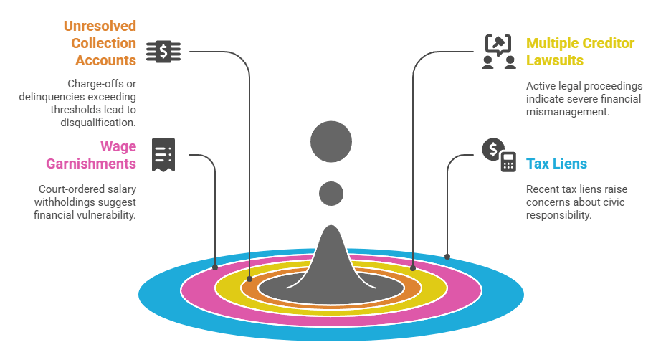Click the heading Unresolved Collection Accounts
[100, 43]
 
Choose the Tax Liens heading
[556, 164]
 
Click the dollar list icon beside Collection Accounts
[163, 52]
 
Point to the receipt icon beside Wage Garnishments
[163, 154]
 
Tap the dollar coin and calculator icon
[498, 154]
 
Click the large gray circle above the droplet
[331, 141]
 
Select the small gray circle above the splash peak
[331, 193]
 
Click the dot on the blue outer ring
[447, 256]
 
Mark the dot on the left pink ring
[215, 267]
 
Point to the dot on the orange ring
[249, 278]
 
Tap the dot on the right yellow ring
[413, 267]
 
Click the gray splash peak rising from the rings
[331, 258]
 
